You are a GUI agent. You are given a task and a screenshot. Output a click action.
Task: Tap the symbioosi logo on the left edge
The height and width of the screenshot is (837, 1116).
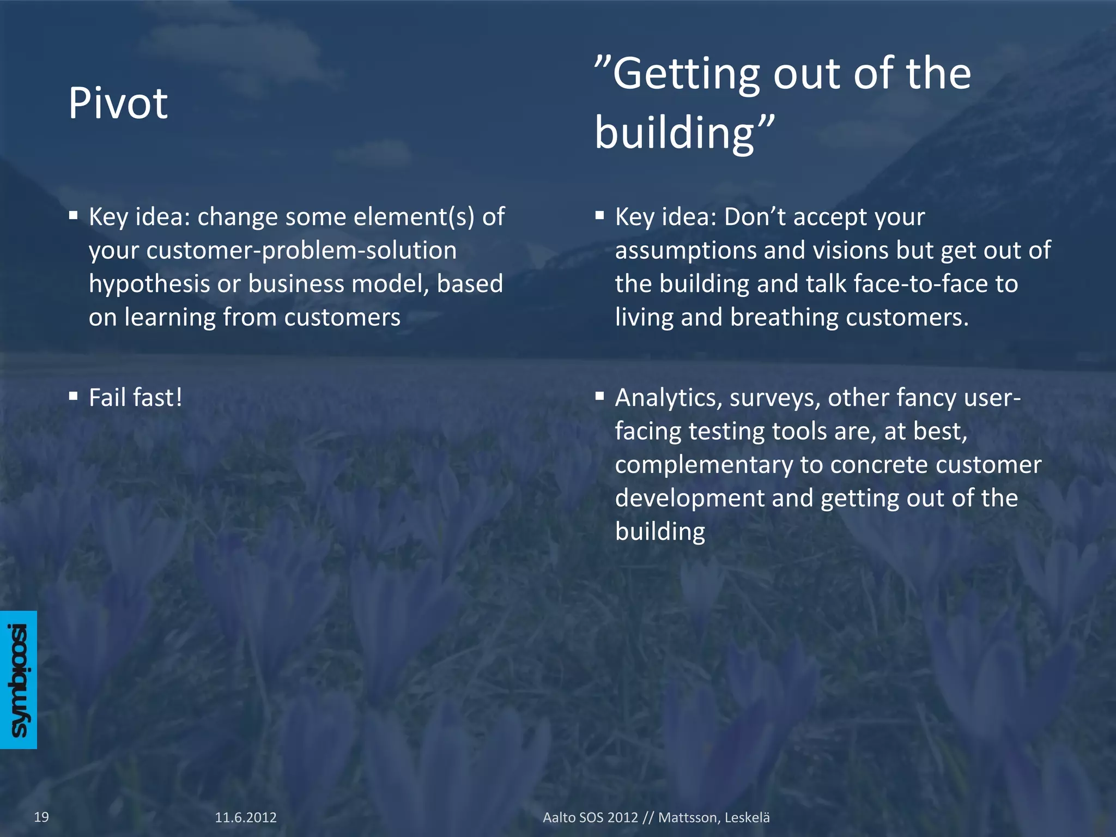[19, 680]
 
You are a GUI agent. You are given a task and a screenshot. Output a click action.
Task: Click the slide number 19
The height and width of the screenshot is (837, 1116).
[41, 817]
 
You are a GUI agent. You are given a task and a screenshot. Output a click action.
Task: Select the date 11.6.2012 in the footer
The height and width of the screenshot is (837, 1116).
[246, 817]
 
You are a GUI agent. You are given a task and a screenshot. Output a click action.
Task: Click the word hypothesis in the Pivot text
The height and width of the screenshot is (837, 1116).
[149, 284]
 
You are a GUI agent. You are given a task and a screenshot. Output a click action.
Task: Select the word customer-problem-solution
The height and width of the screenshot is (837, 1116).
[272, 251]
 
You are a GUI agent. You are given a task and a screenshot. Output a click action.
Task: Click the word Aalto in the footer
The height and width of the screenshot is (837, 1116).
[559, 817]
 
